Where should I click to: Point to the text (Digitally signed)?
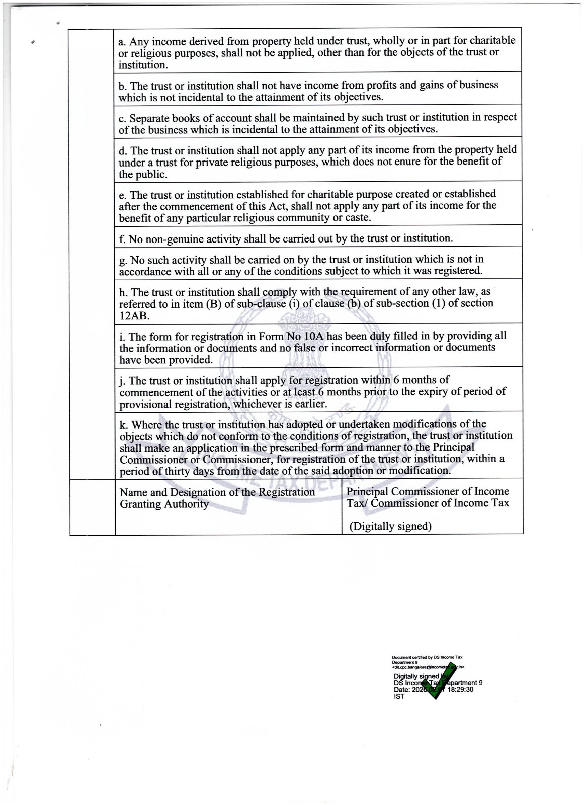coord(390,526)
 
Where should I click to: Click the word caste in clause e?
coord(357,218)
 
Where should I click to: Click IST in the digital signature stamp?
coord(399,697)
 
